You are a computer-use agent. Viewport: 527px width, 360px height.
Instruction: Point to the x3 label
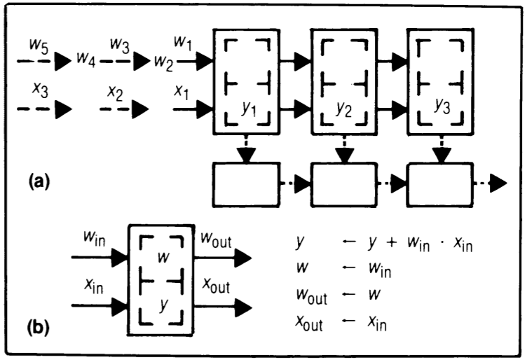click(40, 92)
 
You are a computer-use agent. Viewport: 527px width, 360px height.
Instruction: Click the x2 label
click(116, 92)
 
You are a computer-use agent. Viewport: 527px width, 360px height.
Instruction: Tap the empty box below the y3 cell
click(437, 185)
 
